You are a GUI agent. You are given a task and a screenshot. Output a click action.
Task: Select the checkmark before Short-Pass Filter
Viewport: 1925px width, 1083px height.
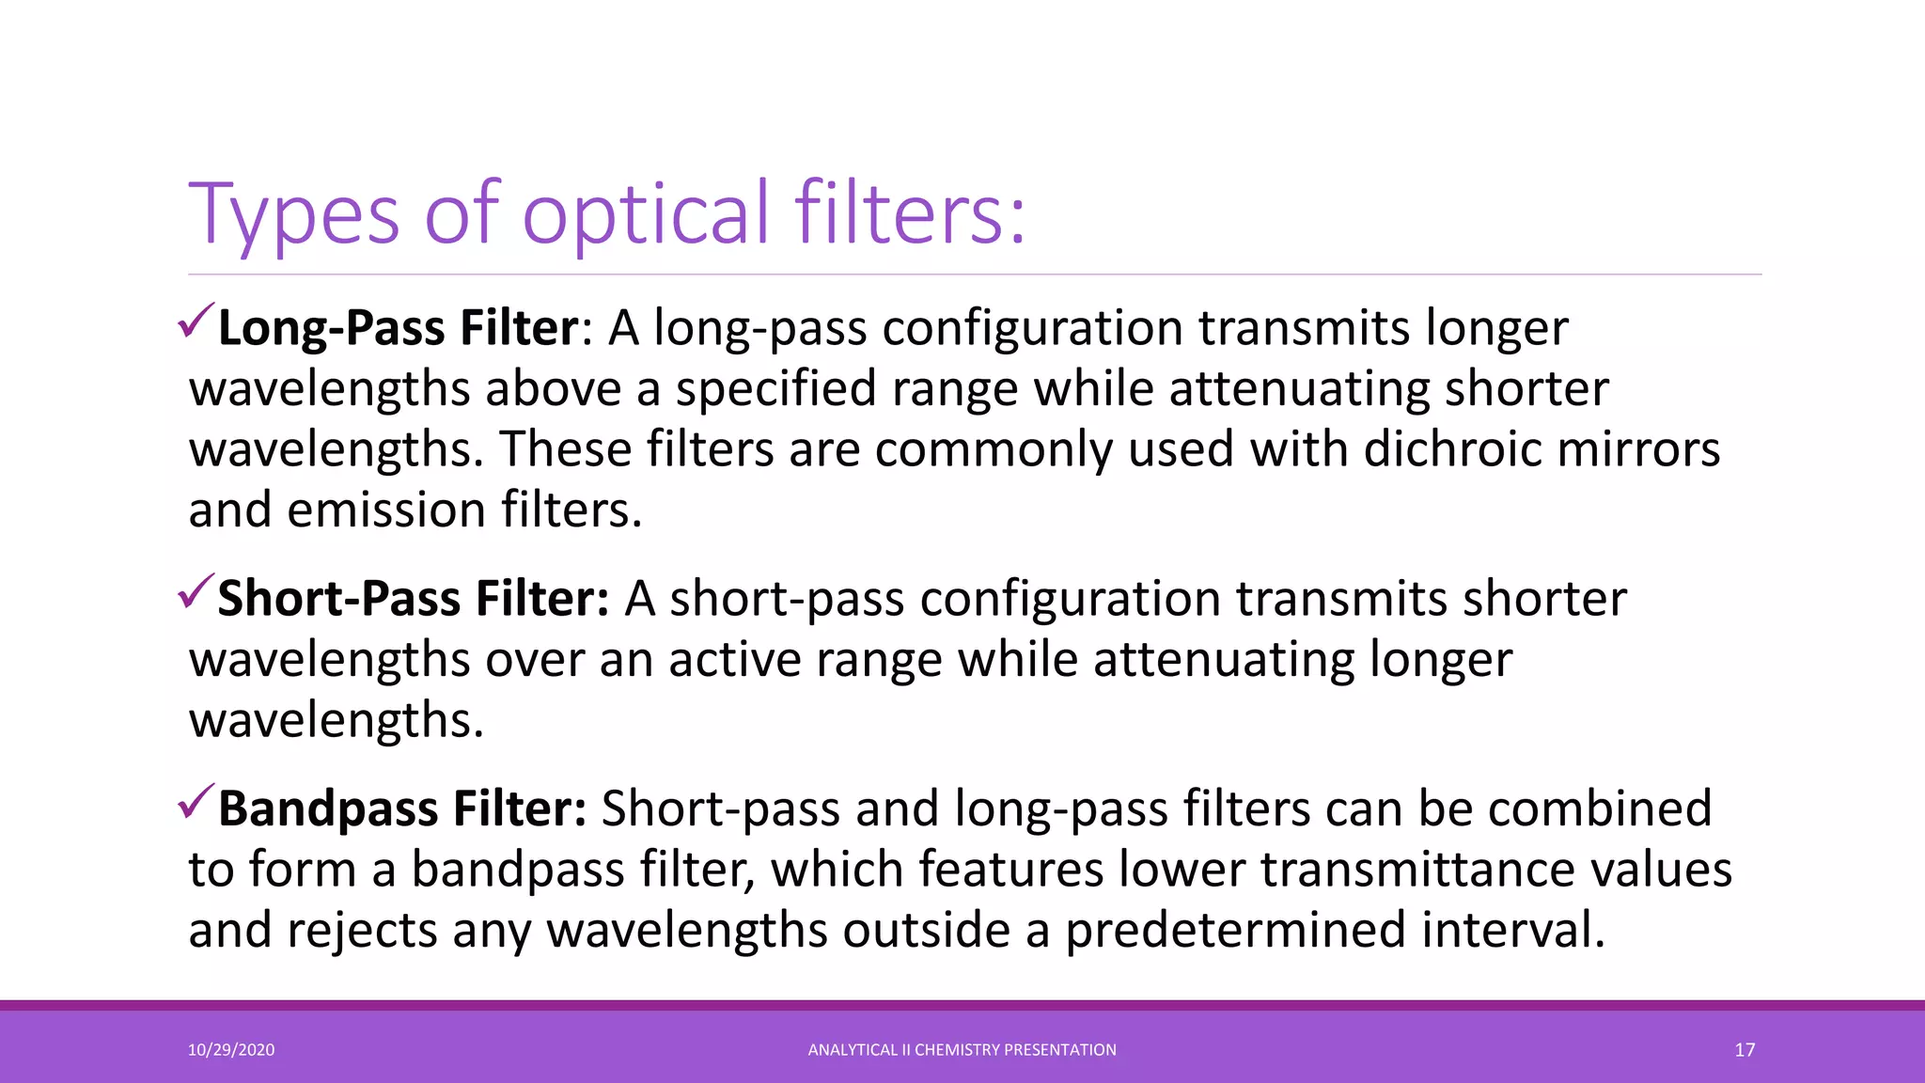[196, 591]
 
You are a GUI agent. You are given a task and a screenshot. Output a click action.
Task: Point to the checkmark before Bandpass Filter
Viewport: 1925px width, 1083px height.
[196, 801]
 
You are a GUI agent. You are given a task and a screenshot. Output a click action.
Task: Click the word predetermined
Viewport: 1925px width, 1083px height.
[1235, 931]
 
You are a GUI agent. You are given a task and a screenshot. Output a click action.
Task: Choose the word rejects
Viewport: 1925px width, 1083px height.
[362, 931]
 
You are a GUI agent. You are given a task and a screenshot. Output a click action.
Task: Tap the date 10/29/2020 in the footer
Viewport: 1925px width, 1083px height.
[231, 1050]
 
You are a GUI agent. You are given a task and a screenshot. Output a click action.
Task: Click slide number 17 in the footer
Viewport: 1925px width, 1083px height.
[1745, 1050]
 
